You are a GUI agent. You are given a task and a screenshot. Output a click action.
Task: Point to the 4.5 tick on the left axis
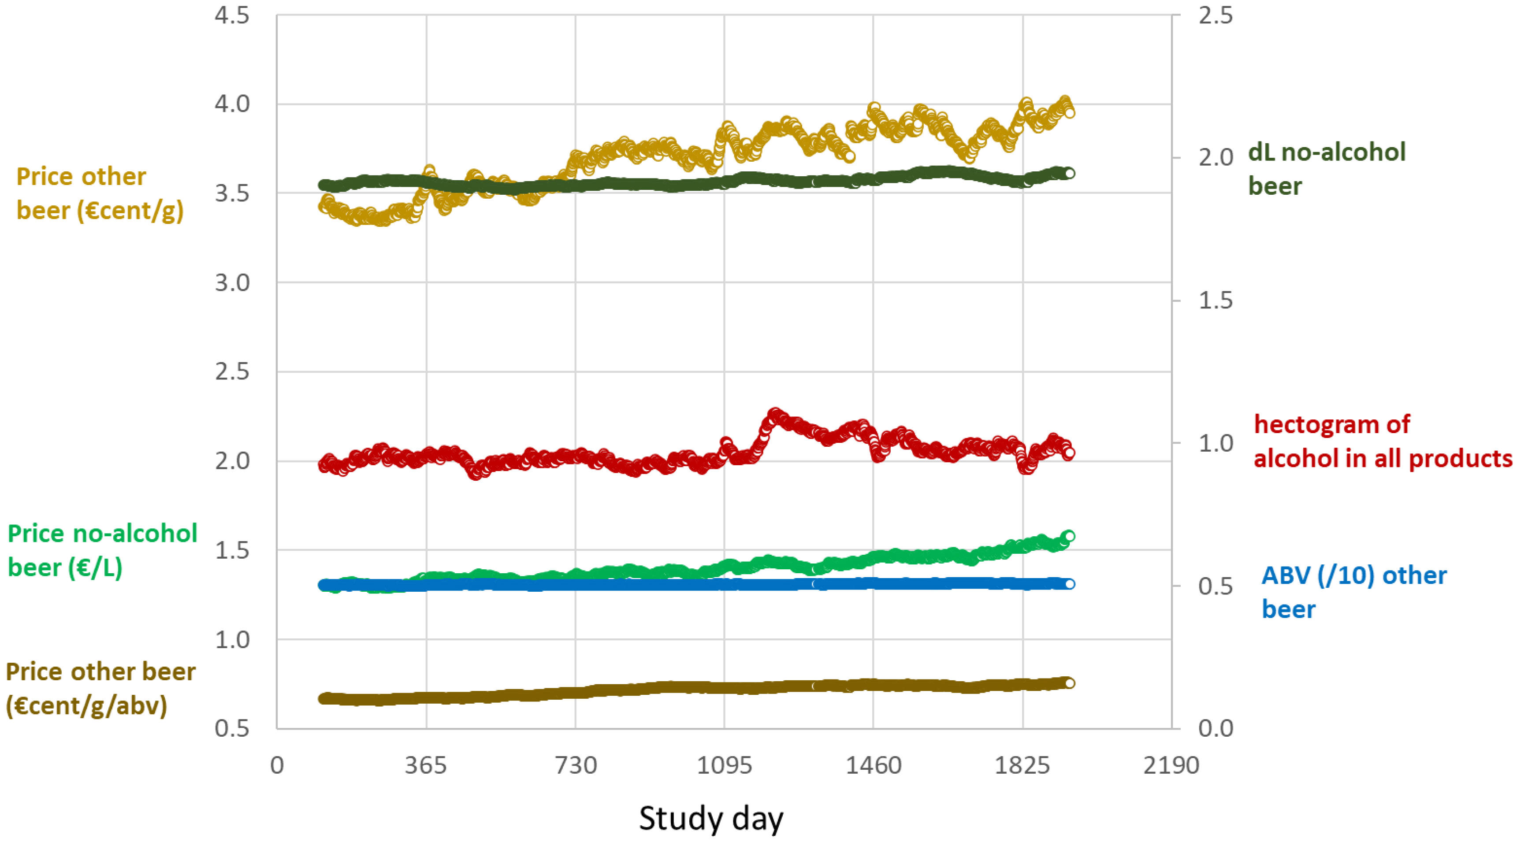click(x=232, y=15)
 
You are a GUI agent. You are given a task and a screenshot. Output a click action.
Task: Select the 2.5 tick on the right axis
click(x=1216, y=15)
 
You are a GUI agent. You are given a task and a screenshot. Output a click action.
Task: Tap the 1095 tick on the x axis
click(x=725, y=765)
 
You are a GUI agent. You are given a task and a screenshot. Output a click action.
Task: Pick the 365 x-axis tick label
click(x=426, y=765)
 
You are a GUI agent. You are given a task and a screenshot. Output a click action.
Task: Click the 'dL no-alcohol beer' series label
click(x=1326, y=169)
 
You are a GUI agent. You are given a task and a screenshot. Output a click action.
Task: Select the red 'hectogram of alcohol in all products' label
click(x=1382, y=441)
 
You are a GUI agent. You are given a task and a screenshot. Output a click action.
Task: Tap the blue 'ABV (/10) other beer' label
click(x=1353, y=592)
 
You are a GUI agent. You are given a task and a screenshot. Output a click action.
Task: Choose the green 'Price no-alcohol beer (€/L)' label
click(x=102, y=550)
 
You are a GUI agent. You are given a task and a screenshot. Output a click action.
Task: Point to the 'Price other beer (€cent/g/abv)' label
click(x=100, y=688)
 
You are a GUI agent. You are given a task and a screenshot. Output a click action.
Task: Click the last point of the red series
click(x=1070, y=453)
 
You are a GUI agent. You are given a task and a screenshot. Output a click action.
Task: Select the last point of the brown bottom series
click(x=1070, y=683)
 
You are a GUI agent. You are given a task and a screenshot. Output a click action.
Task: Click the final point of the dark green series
click(x=1070, y=173)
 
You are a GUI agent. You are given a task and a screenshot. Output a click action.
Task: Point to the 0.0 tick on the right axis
click(x=1216, y=728)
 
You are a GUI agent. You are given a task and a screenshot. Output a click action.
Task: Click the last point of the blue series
click(x=1070, y=584)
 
